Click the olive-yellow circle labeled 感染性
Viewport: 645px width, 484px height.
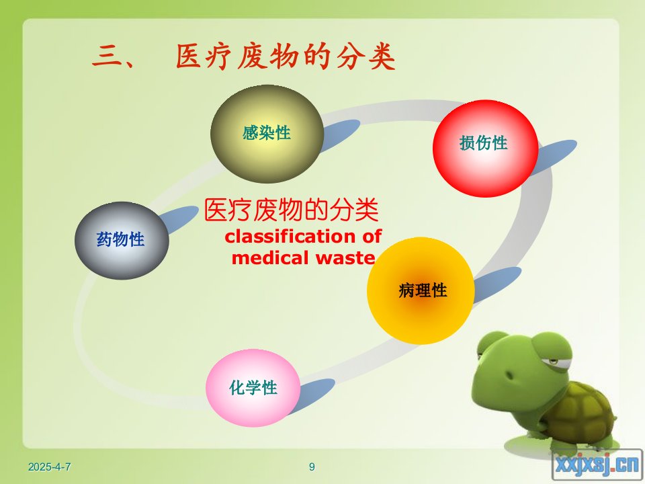click(267, 134)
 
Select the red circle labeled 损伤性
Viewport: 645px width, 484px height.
click(485, 148)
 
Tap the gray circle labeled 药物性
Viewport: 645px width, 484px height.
click(122, 241)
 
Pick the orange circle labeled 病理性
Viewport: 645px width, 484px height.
click(421, 290)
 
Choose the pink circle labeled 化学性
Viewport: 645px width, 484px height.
click(253, 388)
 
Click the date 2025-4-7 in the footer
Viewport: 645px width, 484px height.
click(49, 467)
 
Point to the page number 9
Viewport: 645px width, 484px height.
click(312, 467)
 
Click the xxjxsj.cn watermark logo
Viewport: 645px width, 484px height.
click(597, 465)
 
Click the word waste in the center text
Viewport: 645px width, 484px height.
click(345, 258)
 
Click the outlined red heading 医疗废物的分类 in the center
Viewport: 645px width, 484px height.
click(291, 210)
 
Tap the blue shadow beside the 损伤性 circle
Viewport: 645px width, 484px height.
click(555, 157)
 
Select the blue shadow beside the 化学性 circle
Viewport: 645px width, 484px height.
click(314, 395)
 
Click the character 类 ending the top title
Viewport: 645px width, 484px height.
click(382, 56)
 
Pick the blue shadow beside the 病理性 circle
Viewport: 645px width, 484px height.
click(498, 284)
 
